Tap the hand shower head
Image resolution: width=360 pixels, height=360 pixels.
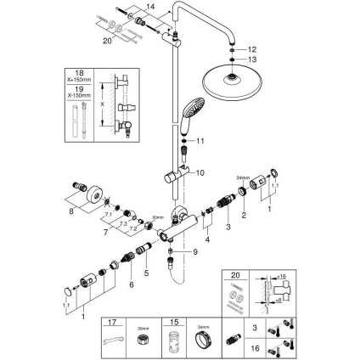191,110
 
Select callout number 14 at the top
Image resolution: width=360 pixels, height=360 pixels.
151,7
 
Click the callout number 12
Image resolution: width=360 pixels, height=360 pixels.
251,49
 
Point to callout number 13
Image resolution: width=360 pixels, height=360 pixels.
251,59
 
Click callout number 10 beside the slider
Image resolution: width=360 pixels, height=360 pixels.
200,172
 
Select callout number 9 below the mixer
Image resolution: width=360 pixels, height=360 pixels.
194,251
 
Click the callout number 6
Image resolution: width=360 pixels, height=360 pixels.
132,284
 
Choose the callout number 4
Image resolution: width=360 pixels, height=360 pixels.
206,240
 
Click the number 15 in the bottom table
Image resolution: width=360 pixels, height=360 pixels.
175,323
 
